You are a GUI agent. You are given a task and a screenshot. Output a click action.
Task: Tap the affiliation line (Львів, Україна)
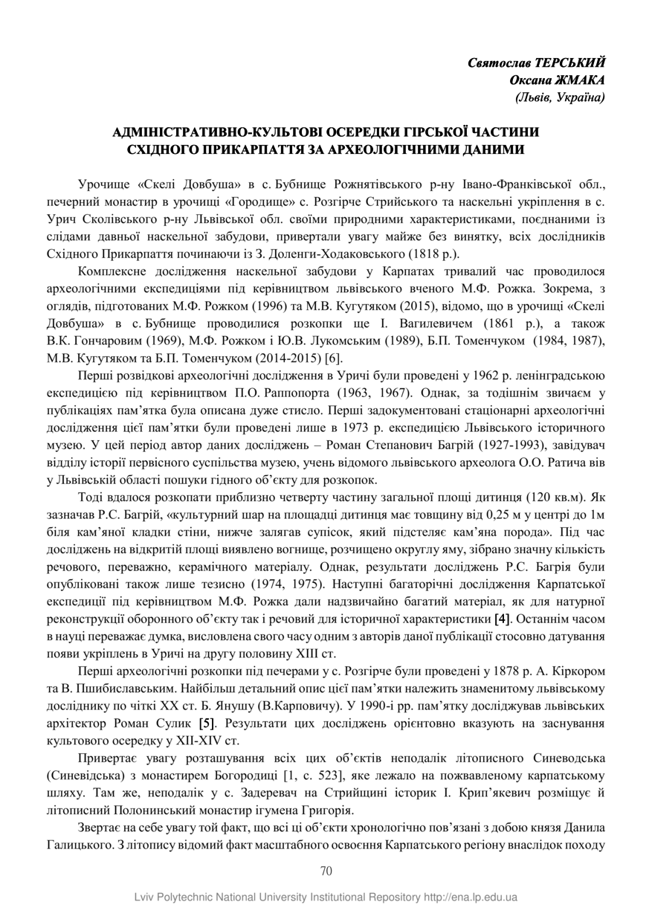[559, 97]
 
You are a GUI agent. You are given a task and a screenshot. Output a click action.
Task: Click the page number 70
[326, 871]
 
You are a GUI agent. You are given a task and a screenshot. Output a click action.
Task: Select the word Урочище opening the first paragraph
[103, 184]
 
